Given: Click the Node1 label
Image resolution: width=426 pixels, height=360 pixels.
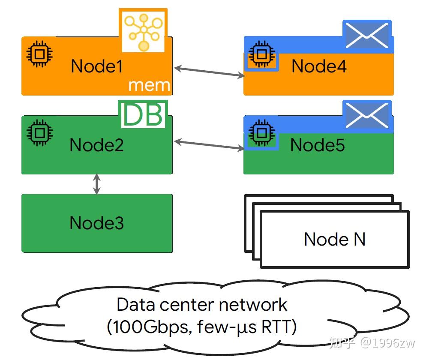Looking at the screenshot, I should (x=97, y=66).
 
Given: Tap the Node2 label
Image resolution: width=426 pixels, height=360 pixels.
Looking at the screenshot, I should (x=97, y=145).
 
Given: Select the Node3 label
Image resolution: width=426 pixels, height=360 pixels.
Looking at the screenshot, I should (x=97, y=223).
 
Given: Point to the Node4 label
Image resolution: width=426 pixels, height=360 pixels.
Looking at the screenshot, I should (x=319, y=66).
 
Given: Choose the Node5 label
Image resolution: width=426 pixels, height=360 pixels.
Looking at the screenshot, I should (x=318, y=145).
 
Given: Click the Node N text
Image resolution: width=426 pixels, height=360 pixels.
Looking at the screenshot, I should (x=335, y=239).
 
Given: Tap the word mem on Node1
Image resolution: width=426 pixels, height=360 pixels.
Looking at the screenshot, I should (x=149, y=85).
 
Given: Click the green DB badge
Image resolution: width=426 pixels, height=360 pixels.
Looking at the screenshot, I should (x=143, y=115).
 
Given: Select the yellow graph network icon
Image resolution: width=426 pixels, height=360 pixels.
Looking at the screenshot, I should (x=143, y=31).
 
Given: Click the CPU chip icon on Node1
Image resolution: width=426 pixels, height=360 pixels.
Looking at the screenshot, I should (x=39, y=54).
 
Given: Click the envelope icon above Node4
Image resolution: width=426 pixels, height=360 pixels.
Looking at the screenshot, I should (x=367, y=36).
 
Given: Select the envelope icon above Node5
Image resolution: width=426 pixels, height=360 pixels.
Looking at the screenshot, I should (x=367, y=115).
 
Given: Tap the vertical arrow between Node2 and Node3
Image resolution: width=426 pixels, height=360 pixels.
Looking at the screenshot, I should (x=97, y=184).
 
